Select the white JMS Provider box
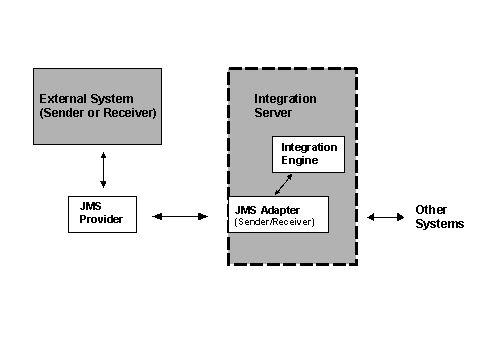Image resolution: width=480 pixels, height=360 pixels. [101, 213]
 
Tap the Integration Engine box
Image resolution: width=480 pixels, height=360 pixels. [308, 154]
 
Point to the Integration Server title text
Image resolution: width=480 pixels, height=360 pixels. [285, 106]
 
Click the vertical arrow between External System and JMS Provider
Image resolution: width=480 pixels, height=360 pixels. [103, 170]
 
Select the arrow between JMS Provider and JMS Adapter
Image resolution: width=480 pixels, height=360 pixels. [180, 216]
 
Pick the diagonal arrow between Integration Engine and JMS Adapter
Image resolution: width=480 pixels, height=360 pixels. [285, 184]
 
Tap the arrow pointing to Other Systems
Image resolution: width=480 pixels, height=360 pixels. [384, 217]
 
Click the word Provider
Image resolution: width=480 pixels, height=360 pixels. [101, 219]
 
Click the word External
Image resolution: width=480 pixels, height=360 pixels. [62, 99]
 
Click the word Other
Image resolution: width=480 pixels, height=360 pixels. [431, 210]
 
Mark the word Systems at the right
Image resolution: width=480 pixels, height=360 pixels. [440, 224]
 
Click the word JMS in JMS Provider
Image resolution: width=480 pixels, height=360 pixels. [90, 206]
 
